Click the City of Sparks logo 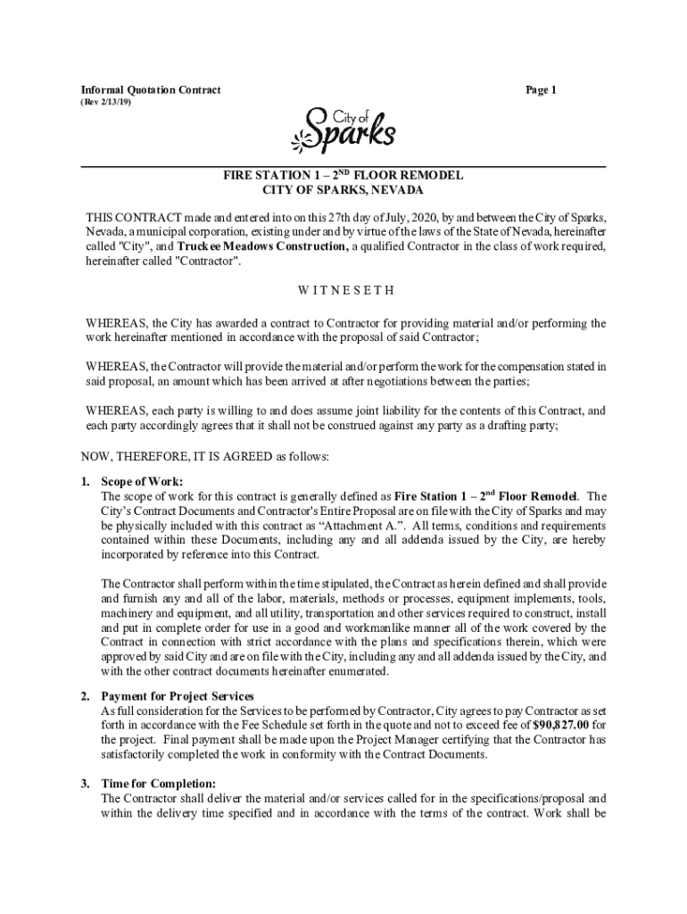(x=343, y=130)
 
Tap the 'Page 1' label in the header (x=541, y=90)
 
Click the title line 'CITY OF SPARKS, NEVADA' (x=343, y=191)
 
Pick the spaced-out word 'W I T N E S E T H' (x=343, y=291)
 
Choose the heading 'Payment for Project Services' (x=178, y=696)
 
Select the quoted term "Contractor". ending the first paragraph (x=209, y=262)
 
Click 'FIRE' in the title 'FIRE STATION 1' (x=238, y=176)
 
